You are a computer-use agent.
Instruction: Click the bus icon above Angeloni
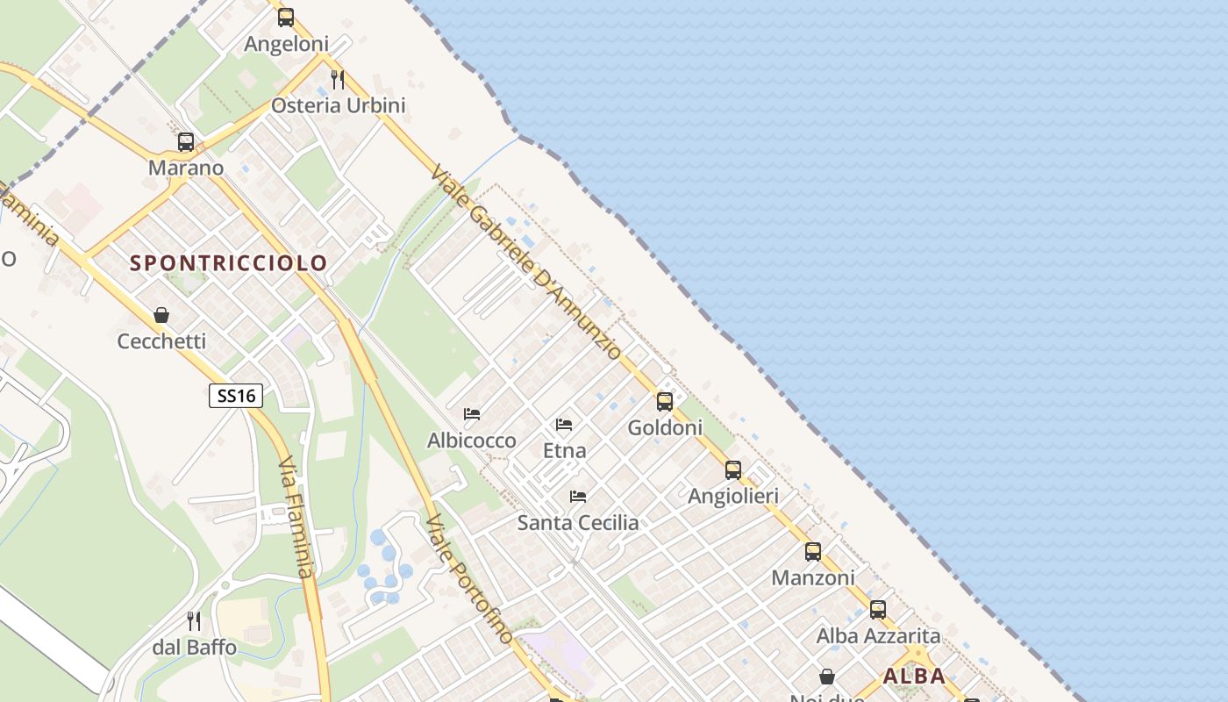coord(286,18)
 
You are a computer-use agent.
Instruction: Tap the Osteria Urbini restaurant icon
coord(338,80)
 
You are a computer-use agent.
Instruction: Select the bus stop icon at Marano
coord(186,142)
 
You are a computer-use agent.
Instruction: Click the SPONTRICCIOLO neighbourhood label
coord(229,262)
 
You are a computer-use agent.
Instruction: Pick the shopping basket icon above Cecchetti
coord(161,315)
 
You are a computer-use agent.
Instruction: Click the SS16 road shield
coord(236,396)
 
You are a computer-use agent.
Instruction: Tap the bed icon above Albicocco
coord(472,414)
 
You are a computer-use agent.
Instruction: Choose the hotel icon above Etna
coord(564,425)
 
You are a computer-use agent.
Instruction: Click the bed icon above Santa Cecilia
coord(578,497)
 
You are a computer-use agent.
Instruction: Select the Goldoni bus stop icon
coord(665,402)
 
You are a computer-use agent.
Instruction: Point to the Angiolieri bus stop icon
coord(733,470)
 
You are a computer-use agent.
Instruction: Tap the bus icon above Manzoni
coord(813,552)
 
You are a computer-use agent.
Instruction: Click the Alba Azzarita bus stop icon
coord(878,610)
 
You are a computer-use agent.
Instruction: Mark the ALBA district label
coord(914,677)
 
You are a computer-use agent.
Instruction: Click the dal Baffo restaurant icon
coord(194,621)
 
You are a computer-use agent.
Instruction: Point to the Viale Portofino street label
coord(469,579)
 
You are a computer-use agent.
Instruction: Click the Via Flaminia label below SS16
coord(296,518)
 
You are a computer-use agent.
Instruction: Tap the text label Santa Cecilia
coord(578,523)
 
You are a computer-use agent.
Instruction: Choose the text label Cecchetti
coord(161,341)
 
